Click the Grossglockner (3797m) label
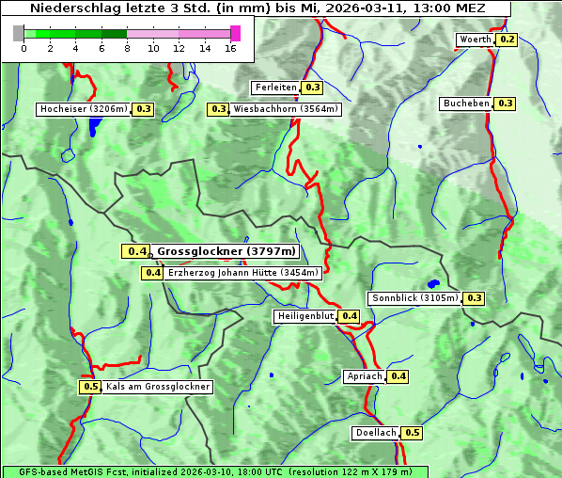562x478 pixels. pyautogui.click(x=226, y=251)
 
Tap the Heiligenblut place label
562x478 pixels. pyautogui.click(x=305, y=316)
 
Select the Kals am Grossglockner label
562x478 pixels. pyautogui.click(x=158, y=387)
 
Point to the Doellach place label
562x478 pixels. pyautogui.click(x=376, y=434)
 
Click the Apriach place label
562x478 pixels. pyautogui.click(x=365, y=376)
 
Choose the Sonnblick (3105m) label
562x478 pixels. pyautogui.click(x=415, y=298)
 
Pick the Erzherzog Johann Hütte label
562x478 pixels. pyautogui.click(x=243, y=273)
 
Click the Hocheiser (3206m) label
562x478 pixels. pyautogui.click(x=84, y=109)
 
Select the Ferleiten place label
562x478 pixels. pyautogui.click(x=275, y=88)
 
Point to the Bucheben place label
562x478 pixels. pyautogui.click(x=467, y=103)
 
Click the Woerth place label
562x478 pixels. pyautogui.click(x=475, y=40)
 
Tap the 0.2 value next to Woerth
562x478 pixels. pyautogui.click(x=507, y=40)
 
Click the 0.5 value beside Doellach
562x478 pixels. pyautogui.click(x=413, y=434)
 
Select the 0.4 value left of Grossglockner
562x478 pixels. pyautogui.click(x=136, y=251)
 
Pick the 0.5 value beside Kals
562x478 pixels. pyautogui.click(x=90, y=387)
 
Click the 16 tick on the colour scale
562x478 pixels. pyautogui.click(x=230, y=47)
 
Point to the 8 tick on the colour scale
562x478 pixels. pyautogui.click(x=127, y=47)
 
